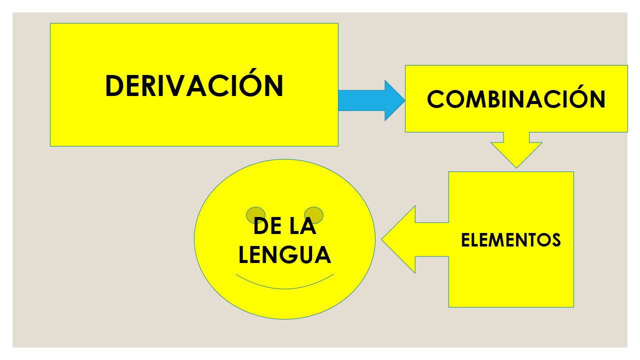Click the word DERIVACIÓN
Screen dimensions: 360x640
194,86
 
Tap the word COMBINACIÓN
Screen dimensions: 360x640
516,99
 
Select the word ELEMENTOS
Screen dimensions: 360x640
510,240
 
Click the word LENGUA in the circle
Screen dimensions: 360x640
284,254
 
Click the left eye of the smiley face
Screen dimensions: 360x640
255,215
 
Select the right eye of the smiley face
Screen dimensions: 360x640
313,215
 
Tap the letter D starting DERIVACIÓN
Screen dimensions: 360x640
115,86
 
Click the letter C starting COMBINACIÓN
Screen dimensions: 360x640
436,99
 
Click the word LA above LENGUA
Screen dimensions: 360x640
303,226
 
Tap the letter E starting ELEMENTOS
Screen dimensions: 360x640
465,240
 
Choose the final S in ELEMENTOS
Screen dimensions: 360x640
555,240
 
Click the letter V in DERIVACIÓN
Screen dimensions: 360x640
188,86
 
